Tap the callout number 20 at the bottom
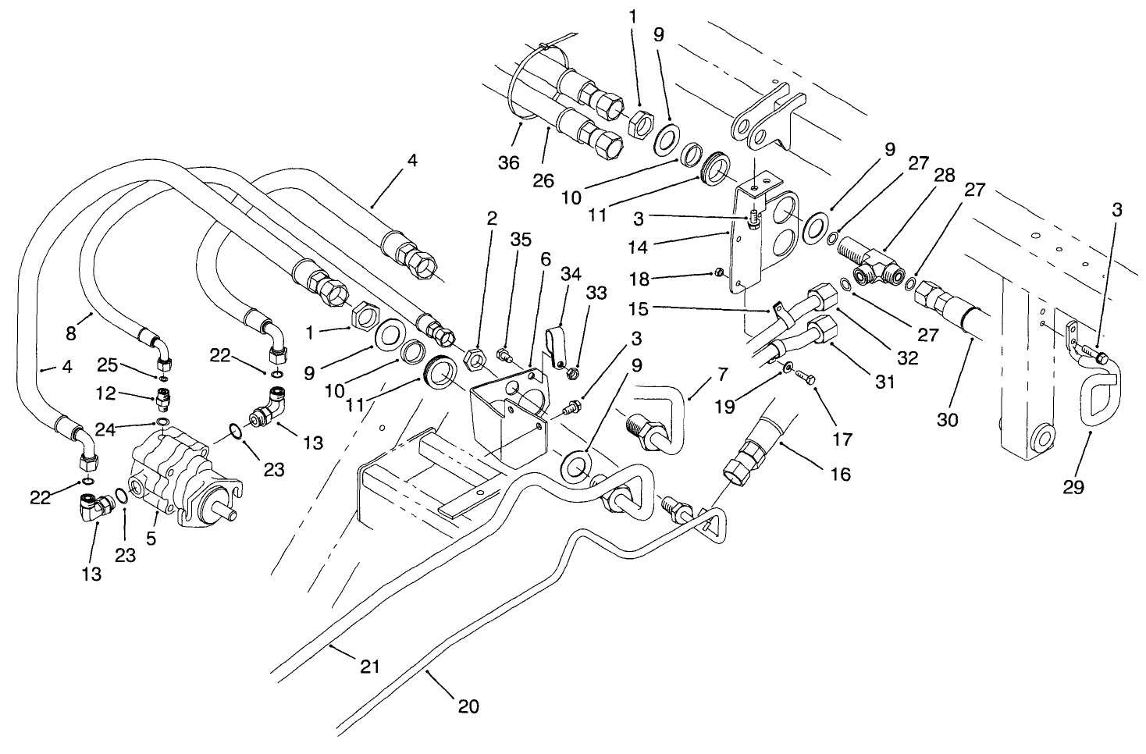468,706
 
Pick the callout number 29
1073,487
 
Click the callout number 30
947,419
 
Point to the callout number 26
543,180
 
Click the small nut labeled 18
718,272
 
